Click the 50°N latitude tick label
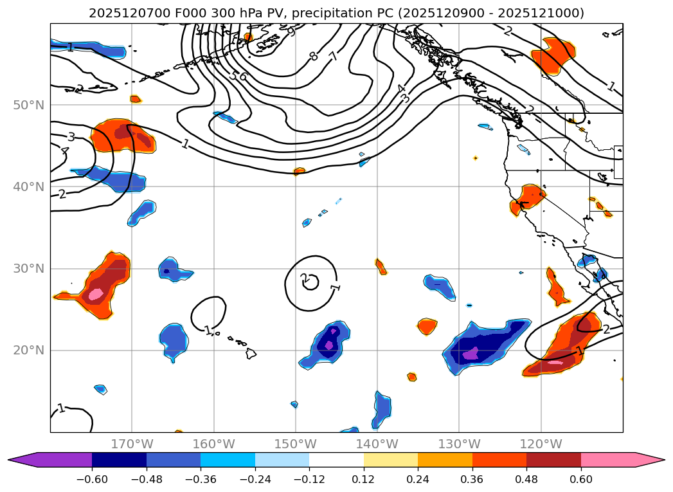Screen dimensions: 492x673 (30, 105)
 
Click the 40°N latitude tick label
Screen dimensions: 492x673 (30, 187)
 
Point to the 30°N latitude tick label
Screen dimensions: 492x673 (30, 268)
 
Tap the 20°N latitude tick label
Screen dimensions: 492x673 (30, 350)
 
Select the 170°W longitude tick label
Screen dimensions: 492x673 (132, 444)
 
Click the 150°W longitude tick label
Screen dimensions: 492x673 (296, 444)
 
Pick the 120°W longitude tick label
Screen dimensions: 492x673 (541, 444)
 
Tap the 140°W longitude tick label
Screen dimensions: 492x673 (377, 444)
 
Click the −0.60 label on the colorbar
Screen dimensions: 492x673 (92, 480)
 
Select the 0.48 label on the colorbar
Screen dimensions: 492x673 (526, 480)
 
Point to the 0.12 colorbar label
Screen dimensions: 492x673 (364, 480)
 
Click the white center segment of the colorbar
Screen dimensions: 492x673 (336, 460)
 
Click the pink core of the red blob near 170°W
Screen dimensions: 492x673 (96, 294)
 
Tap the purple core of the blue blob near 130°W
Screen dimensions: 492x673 (471, 353)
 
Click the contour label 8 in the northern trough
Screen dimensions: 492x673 (313, 56)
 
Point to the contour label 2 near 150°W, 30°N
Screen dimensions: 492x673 (304, 278)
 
